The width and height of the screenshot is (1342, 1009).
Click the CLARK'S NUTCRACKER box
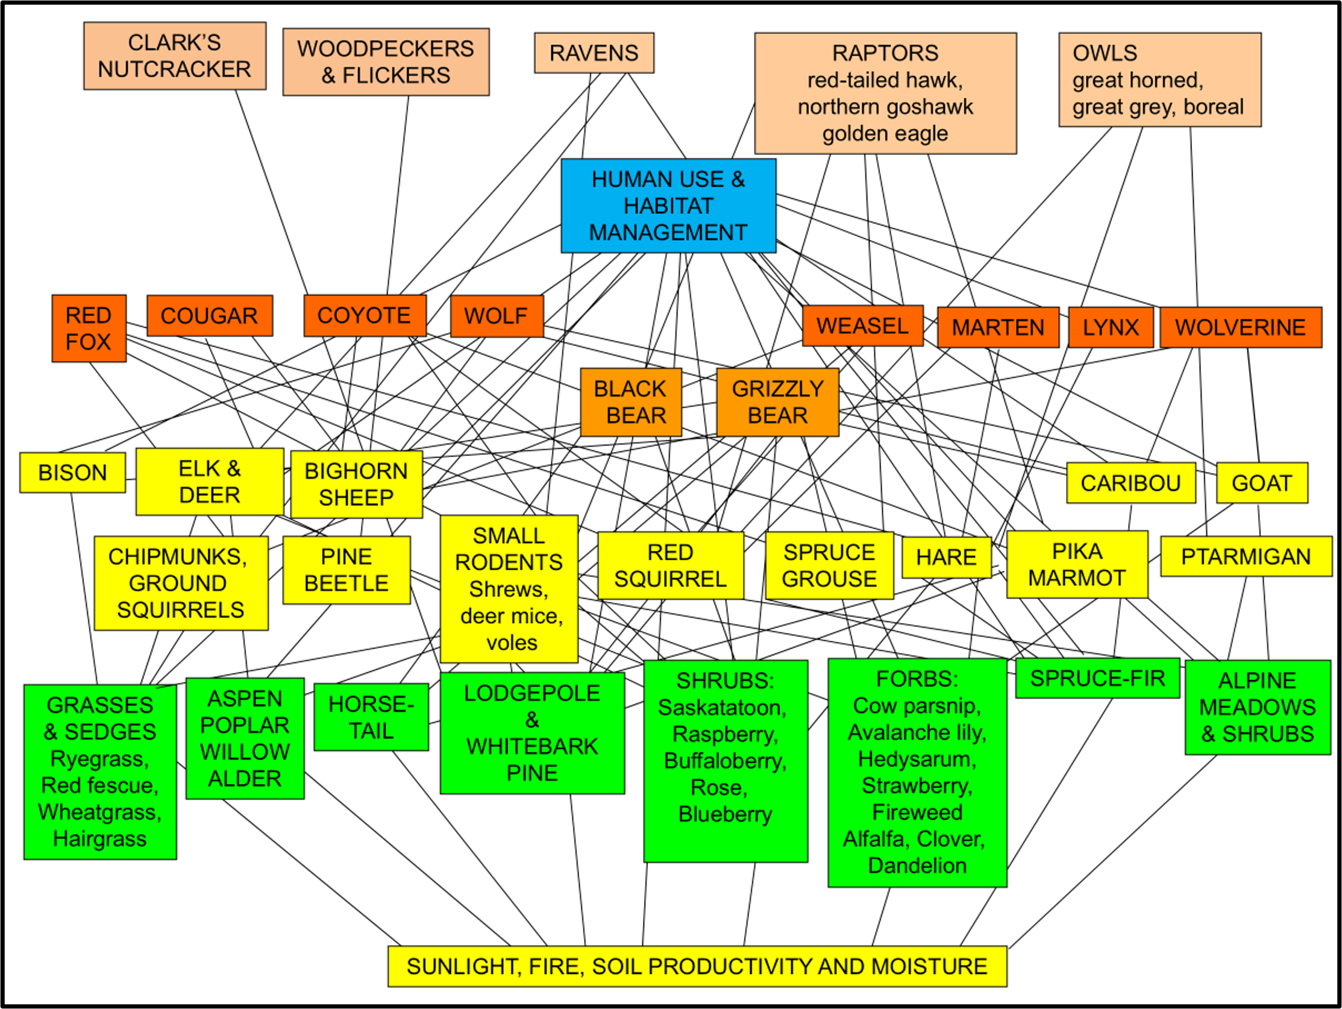tap(175, 56)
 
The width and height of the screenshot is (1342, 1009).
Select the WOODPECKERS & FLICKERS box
tap(386, 62)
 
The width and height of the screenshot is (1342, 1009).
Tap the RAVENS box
tap(594, 54)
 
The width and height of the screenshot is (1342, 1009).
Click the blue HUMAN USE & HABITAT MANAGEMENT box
tap(668, 206)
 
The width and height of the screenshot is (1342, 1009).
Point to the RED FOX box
tap(89, 328)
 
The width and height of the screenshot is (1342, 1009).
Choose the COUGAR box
tap(209, 315)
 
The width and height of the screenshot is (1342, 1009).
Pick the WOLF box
tap(497, 316)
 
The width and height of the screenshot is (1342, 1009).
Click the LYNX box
tap(1110, 328)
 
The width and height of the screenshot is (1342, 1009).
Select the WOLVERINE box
tap(1240, 328)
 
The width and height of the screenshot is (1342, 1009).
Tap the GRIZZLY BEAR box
tap(778, 401)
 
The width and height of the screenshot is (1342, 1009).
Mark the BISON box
tap(72, 473)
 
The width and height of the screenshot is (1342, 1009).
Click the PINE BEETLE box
tap(346, 570)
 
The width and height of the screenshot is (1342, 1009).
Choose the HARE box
tap(946, 557)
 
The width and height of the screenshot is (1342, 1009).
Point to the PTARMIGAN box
tap(1246, 556)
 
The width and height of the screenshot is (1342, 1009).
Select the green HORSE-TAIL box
tap(371, 717)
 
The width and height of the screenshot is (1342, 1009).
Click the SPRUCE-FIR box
tap(1097, 678)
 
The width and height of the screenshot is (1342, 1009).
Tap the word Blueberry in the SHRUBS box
tap(725, 814)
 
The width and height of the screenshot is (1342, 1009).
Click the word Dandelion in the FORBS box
tap(917, 866)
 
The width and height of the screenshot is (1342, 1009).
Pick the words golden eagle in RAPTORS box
tap(885, 133)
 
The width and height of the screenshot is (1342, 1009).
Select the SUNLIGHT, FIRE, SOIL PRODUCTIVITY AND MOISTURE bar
tap(697, 966)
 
